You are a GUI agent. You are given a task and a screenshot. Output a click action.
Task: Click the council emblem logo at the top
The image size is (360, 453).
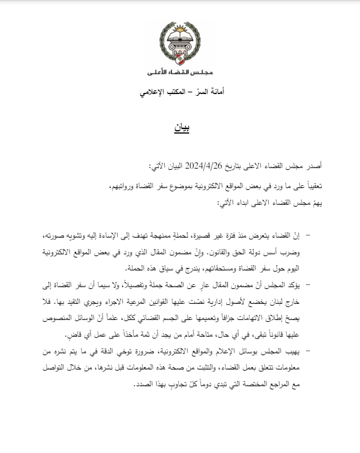tap(180, 44)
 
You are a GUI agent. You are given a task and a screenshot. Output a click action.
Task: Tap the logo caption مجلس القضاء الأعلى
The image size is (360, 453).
tap(180, 73)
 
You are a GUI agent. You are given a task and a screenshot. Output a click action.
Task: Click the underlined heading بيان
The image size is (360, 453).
tap(180, 127)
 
